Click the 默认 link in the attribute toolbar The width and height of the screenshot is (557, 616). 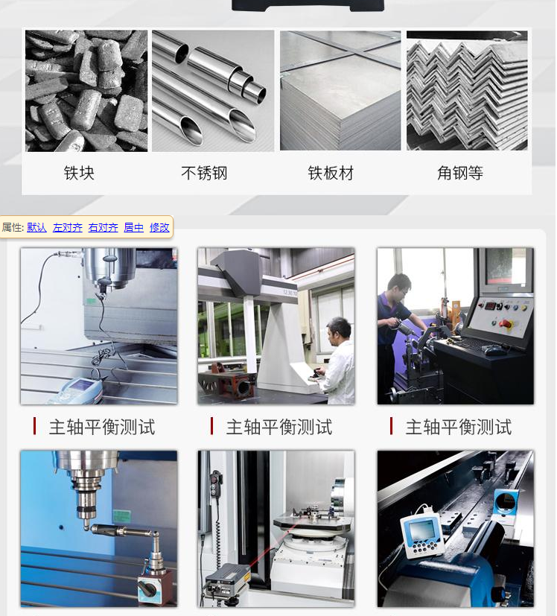pyautogui.click(x=36, y=227)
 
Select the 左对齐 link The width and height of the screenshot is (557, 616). pyautogui.click(x=67, y=227)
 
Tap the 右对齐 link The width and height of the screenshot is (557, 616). pyautogui.click(x=103, y=227)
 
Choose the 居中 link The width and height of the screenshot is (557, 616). pyautogui.click(x=133, y=227)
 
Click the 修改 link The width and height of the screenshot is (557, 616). pyautogui.click(x=159, y=227)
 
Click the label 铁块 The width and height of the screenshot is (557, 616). pyautogui.click(x=79, y=174)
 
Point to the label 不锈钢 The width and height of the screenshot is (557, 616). pyautogui.click(x=204, y=174)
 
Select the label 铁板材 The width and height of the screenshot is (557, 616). pyautogui.click(x=331, y=174)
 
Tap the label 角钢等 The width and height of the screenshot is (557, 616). pyautogui.click(x=459, y=174)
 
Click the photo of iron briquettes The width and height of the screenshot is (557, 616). pyautogui.click(x=86, y=90)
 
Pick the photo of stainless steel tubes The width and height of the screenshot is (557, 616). pyautogui.click(x=213, y=90)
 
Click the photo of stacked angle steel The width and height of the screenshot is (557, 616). pyautogui.click(x=467, y=90)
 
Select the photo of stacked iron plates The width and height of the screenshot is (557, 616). pyautogui.click(x=340, y=90)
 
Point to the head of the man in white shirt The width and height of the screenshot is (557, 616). pyautogui.click(x=339, y=328)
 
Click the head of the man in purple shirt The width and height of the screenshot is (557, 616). pyautogui.click(x=399, y=285)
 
